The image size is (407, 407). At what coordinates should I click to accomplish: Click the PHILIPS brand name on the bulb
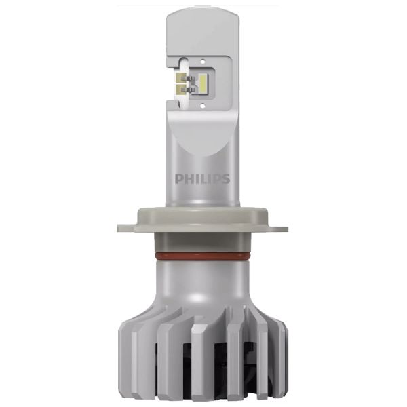(202, 179)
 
